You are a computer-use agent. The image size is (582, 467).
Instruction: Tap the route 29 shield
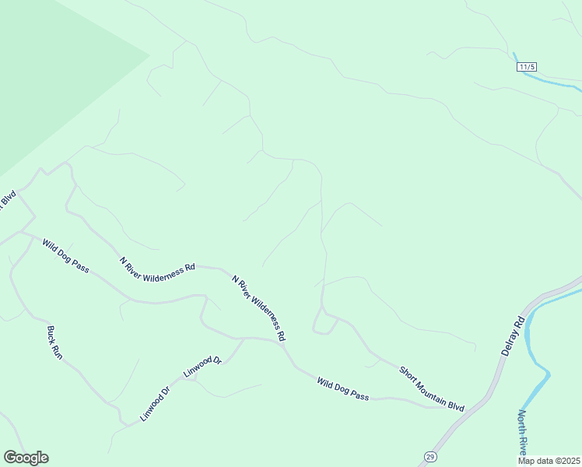pos(429,456)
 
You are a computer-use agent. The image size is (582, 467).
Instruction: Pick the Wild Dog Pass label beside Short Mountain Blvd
pos(342,388)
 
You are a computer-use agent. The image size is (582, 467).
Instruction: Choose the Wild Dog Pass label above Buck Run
pos(65,256)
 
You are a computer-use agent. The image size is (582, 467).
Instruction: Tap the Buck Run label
pos(54,342)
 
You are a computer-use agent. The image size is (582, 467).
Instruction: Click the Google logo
pos(26,458)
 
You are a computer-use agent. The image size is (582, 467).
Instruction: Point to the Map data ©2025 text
pos(549,461)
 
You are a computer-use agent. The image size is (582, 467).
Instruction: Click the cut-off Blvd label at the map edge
pos(8,200)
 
